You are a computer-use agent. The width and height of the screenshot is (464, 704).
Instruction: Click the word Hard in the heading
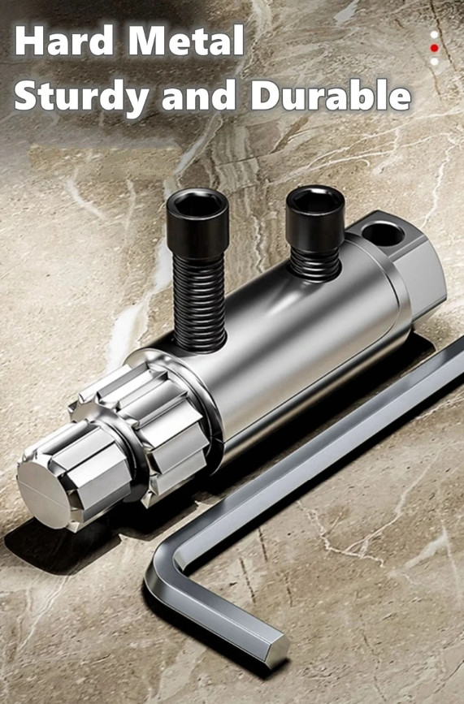(63, 41)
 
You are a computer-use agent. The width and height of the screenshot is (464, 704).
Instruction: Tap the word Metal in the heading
(186, 41)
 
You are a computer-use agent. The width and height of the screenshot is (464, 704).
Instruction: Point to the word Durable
(331, 95)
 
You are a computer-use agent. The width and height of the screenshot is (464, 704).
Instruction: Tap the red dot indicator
(434, 48)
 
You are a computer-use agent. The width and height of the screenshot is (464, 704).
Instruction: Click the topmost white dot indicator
(434, 34)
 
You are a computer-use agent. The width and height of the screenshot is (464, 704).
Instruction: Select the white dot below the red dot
(434, 62)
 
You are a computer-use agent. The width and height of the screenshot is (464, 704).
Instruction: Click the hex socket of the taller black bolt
(197, 205)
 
